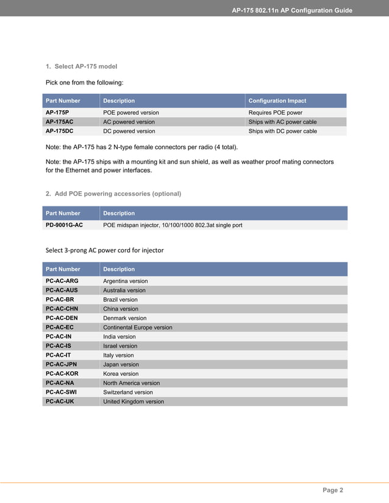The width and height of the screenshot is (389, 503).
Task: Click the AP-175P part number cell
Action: tap(57, 113)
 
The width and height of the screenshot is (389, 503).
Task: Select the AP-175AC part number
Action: tap(59, 122)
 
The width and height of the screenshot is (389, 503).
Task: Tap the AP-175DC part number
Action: tap(59, 131)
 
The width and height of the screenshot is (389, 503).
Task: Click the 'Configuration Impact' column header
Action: tap(277, 100)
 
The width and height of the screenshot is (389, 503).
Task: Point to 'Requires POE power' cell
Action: tap(275, 113)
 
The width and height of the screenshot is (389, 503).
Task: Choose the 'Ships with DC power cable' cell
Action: tap(282, 131)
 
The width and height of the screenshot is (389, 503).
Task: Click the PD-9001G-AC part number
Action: tap(64, 225)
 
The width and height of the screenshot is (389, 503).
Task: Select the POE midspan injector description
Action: tap(173, 225)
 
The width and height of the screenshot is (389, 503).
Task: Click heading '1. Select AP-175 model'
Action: tap(82, 66)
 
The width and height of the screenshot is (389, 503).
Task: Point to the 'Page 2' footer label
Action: tap(333, 490)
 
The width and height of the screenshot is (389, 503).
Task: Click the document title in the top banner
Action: tap(292, 10)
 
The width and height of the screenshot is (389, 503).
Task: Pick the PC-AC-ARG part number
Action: tap(62, 281)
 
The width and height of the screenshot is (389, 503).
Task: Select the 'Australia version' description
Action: tap(124, 290)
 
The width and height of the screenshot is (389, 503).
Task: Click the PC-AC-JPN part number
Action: tap(61, 364)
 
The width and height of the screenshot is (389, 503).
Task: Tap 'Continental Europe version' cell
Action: tap(137, 327)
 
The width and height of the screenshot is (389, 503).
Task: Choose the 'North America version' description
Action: tap(131, 383)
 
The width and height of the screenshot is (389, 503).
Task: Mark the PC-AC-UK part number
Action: tap(60, 401)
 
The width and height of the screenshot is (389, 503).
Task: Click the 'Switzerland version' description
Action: tap(127, 392)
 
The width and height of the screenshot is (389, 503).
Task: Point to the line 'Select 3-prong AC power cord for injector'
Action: tap(105, 250)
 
